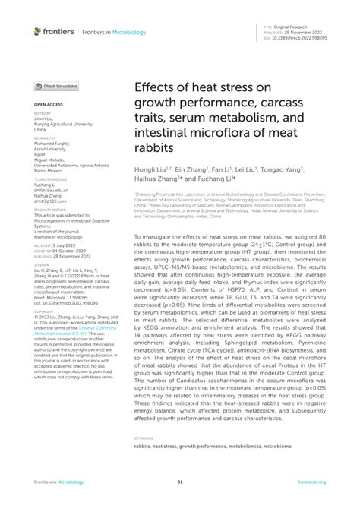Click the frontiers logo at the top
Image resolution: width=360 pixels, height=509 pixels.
pyautogui.click(x=54, y=31)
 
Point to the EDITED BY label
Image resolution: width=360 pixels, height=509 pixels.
pyautogui.click(x=42, y=113)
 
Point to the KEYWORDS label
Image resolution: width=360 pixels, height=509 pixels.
pyautogui.click(x=143, y=438)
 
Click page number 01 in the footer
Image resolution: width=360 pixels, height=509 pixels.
pyautogui.click(x=180, y=481)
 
